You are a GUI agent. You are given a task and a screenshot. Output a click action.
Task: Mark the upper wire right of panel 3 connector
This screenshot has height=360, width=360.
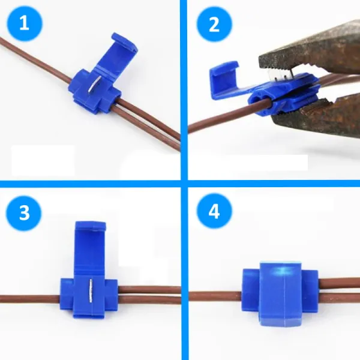coord(150,289)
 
